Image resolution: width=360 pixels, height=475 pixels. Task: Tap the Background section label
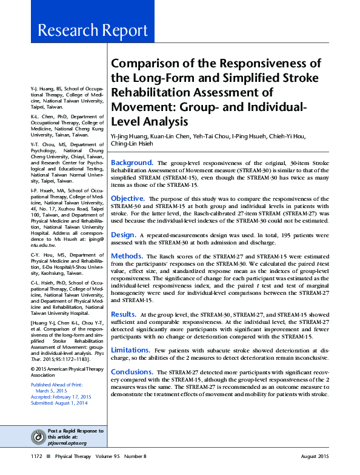(132, 163)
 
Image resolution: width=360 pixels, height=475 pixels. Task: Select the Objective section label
(128, 198)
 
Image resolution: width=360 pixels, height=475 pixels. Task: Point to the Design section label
(123, 234)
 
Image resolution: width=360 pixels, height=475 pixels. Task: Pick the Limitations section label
(130, 350)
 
